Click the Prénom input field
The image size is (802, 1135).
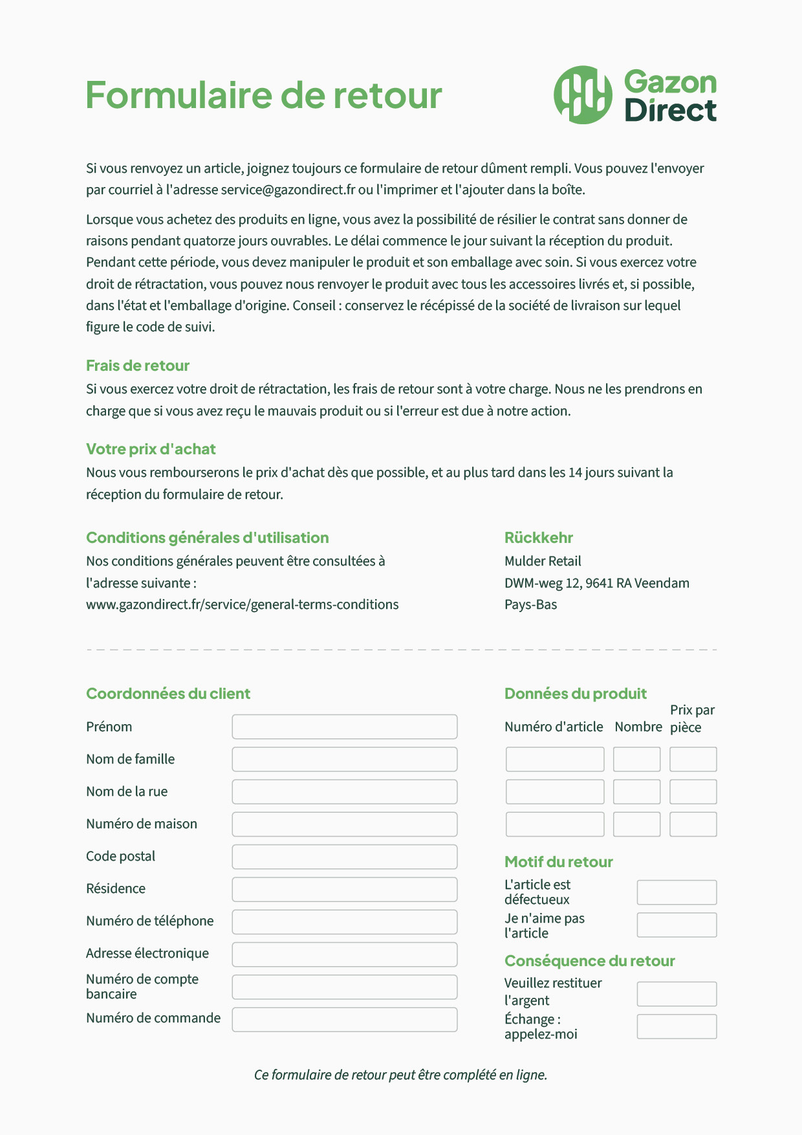[x=344, y=727]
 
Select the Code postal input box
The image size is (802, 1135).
[x=344, y=857]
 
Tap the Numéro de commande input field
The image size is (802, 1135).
[x=344, y=1019]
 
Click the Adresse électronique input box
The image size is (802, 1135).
[x=344, y=954]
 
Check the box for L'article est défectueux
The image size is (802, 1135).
[x=677, y=892]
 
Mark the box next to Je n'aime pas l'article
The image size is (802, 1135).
[x=677, y=925]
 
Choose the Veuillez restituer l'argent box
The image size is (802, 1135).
[x=677, y=994]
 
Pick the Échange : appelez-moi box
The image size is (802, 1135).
[x=677, y=1026]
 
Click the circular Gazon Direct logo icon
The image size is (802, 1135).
[x=583, y=94]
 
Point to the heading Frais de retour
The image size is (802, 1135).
[x=138, y=366]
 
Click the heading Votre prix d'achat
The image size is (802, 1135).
[x=151, y=449]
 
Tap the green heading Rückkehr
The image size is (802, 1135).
[x=538, y=538]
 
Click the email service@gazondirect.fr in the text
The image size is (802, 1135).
[x=288, y=190]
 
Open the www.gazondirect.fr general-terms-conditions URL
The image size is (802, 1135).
[x=242, y=604]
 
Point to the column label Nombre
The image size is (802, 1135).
[x=638, y=727]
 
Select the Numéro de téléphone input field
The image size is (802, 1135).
[x=344, y=922]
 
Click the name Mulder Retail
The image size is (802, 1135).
[x=543, y=561]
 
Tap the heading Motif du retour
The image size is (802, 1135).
[x=558, y=862]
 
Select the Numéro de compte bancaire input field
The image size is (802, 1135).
[x=344, y=987]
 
